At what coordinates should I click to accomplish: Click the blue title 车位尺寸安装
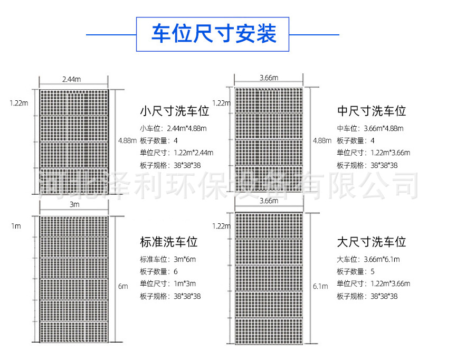click(x=214, y=34)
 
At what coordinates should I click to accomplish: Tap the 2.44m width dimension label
click(x=72, y=79)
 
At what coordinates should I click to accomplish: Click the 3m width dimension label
click(x=74, y=204)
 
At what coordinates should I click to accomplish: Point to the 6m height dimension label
click(x=123, y=287)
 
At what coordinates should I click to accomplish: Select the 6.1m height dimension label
click(x=320, y=287)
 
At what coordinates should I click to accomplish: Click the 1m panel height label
click(x=16, y=226)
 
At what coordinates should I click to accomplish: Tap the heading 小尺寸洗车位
click(x=175, y=111)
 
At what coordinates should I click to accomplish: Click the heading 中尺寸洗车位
click(x=372, y=111)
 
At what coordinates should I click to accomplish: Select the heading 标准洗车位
click(x=169, y=242)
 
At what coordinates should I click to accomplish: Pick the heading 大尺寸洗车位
click(x=372, y=242)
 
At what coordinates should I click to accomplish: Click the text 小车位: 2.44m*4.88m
click(x=173, y=128)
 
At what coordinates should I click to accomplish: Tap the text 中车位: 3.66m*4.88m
click(x=370, y=128)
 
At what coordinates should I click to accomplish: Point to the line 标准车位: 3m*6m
click(x=168, y=259)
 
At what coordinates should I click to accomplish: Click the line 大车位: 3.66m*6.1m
click(x=368, y=259)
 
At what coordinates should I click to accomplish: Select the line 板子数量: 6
click(x=159, y=272)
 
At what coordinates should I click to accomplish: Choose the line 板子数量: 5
click(x=356, y=272)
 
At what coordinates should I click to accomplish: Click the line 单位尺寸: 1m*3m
click(x=168, y=283)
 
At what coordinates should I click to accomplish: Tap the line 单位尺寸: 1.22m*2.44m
click(x=176, y=153)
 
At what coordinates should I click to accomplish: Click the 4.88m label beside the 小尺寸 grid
click(x=127, y=141)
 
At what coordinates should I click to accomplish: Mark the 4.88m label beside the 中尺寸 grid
click(x=322, y=141)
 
